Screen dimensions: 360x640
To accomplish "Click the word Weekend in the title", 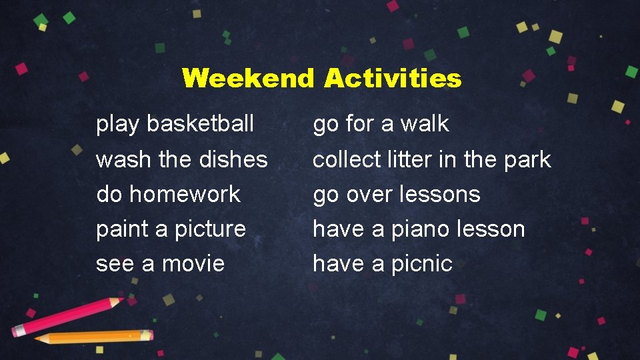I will [x=247, y=79].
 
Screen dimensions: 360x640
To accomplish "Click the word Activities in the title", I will [x=393, y=79].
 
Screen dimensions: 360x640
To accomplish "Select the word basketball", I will [x=200, y=123].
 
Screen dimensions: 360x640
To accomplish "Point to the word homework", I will [x=185, y=194].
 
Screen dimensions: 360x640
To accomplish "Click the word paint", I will [x=123, y=229].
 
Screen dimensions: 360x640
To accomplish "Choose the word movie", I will [x=193, y=264].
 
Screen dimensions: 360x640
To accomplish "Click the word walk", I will [x=425, y=123].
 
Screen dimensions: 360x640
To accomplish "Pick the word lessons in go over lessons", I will [x=439, y=194].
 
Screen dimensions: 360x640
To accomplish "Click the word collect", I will [x=347, y=159].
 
